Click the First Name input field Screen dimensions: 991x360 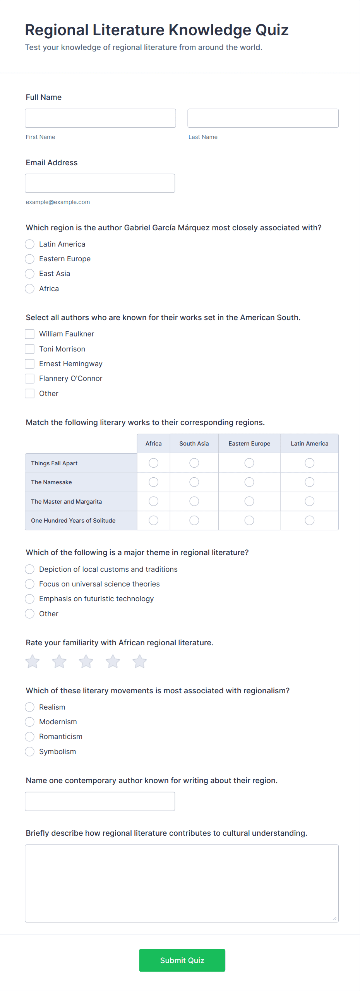point(100,118)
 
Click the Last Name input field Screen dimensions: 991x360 point(263,118)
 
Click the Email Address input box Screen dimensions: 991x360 point(100,183)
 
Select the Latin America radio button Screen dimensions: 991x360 point(30,244)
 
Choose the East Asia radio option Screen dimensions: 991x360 point(30,274)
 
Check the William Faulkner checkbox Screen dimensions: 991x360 point(30,334)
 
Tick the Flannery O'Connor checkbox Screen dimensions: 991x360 point(30,379)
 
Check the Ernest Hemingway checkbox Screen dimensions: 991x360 point(30,364)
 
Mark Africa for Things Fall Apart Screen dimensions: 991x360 point(154,463)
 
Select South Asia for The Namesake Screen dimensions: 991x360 point(194,482)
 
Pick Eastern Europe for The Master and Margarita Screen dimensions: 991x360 point(249,501)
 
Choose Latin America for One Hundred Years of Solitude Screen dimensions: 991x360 point(310,520)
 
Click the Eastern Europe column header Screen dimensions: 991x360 point(249,444)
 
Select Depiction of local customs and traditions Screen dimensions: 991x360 point(30,569)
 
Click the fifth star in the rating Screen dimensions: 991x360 point(140,662)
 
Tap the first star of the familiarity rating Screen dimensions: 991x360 point(33,662)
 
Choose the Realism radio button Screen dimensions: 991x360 point(30,707)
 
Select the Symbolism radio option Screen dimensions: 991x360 point(30,752)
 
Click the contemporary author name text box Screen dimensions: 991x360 point(100,801)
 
